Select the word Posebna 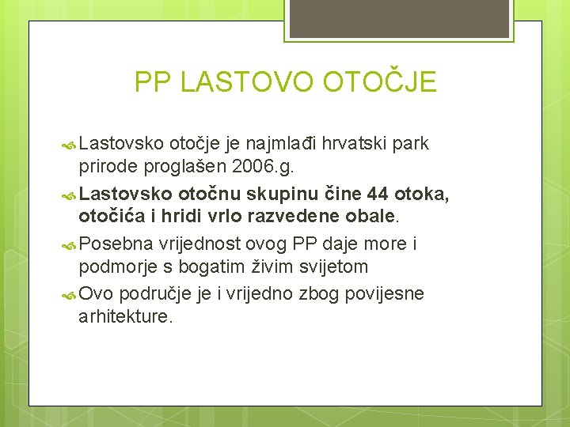(x=116, y=243)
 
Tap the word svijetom (x=325, y=266)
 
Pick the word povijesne (x=388, y=294)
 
